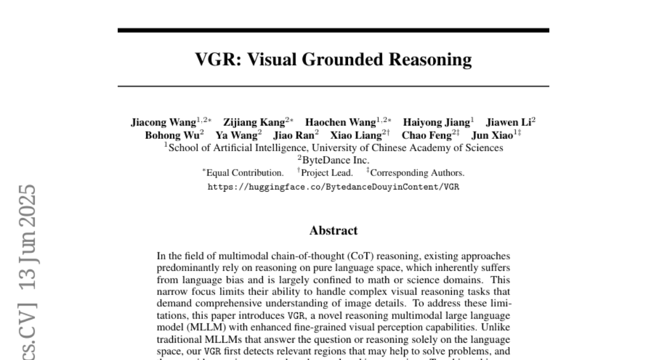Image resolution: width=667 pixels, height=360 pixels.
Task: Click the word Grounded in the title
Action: (x=343, y=59)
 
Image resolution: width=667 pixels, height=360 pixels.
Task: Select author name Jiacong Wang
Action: (x=163, y=123)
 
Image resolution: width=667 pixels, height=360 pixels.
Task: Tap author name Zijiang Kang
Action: (x=254, y=123)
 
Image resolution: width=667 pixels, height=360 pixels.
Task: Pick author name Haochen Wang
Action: (x=341, y=123)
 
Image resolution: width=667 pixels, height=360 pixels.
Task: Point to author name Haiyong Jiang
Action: (x=436, y=123)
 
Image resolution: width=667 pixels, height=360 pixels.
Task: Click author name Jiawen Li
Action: (x=509, y=123)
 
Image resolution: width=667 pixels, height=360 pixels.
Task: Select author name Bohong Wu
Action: (x=172, y=136)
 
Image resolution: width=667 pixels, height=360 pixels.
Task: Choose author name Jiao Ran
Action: (x=294, y=136)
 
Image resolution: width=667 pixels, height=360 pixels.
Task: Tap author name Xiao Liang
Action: (x=356, y=136)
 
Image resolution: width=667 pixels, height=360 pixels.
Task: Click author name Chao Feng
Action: (x=427, y=136)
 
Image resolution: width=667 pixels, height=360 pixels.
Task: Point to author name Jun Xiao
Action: (x=492, y=136)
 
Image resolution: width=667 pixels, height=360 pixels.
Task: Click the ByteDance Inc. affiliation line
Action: (x=333, y=160)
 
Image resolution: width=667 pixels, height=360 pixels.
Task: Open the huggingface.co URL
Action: (x=333, y=187)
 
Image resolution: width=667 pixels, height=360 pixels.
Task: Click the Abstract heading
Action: (x=333, y=231)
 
